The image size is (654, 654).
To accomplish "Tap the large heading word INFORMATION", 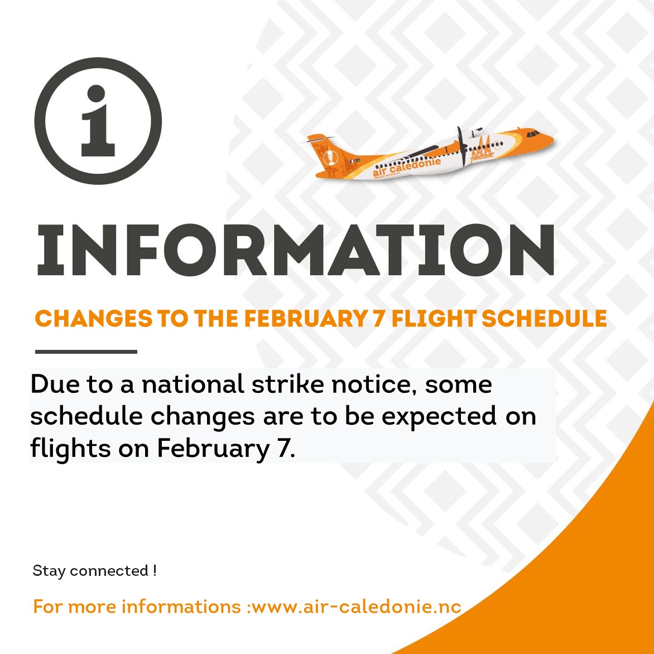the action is (296, 250).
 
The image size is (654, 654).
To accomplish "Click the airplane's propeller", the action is (461, 146).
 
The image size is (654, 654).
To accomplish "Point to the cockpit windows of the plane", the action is (532, 134).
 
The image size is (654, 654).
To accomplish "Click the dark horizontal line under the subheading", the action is (86, 352).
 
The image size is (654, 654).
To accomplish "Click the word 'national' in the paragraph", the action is (193, 384).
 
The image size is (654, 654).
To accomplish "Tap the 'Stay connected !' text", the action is (95, 571).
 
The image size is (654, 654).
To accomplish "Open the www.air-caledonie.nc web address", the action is (357, 607).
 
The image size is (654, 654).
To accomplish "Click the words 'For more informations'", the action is (137, 607).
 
